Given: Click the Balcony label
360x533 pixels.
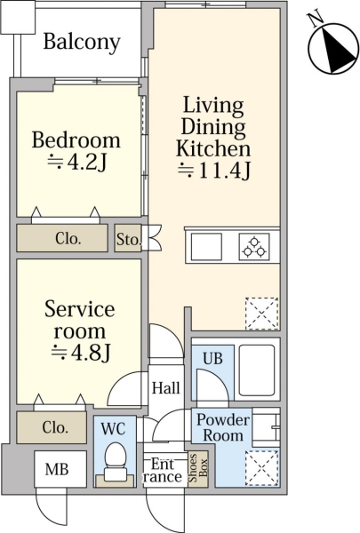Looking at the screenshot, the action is (82, 43).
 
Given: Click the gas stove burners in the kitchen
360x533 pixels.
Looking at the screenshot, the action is (254, 247).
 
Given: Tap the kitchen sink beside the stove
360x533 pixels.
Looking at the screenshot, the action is (206, 247).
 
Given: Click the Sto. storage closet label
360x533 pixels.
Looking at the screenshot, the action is (129, 239).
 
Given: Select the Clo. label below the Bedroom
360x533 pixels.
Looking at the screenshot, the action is (68, 239).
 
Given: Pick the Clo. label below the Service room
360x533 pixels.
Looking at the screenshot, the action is (55, 427).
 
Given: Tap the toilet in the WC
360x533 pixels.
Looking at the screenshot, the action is (116, 463).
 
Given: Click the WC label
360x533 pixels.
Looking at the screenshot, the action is (114, 429).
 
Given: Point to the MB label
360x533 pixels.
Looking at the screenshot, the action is (57, 469).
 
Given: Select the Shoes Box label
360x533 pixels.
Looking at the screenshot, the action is (198, 468).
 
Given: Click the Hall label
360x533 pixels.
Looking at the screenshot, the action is (165, 388).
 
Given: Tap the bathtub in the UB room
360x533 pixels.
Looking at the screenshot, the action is (257, 370).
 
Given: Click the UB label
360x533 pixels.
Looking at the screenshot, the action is (212, 358).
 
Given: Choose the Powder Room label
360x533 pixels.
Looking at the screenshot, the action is (223, 427).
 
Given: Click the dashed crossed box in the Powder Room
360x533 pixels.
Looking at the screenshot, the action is (262, 467).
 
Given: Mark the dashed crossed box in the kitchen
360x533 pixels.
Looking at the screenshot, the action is (262, 314).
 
